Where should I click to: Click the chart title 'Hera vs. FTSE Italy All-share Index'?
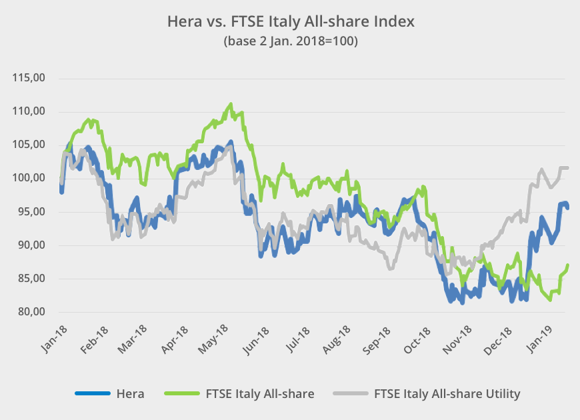[290, 21]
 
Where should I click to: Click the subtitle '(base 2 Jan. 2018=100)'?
[290, 41]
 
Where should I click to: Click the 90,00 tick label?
[29, 245]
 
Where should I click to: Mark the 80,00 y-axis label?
[29, 312]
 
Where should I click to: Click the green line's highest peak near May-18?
[231, 104]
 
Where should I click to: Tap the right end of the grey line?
[567, 168]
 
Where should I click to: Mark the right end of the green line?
[567, 265]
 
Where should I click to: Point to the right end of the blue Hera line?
[567, 207]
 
